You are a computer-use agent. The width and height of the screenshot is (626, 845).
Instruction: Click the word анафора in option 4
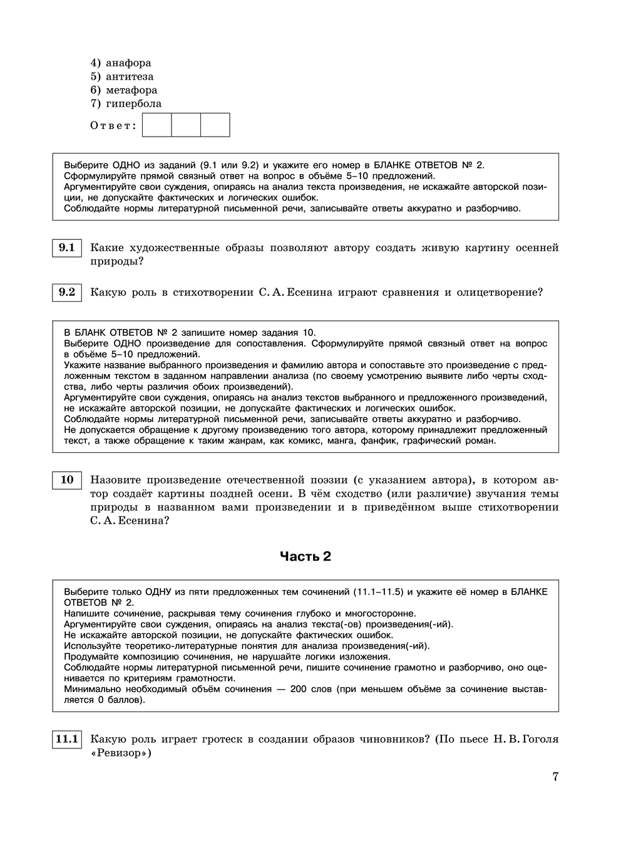click(128, 63)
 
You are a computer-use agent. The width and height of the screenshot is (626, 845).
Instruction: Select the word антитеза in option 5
click(130, 76)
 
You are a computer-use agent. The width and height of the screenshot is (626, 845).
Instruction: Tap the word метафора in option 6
click(131, 90)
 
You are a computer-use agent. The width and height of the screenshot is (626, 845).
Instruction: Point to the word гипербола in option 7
click(133, 103)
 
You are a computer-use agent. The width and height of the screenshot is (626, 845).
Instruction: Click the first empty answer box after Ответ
click(157, 125)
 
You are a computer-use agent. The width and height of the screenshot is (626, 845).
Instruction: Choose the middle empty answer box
click(186, 125)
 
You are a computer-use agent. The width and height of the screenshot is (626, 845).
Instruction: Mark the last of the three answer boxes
click(215, 125)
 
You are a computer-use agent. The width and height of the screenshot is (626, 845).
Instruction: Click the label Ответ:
click(113, 125)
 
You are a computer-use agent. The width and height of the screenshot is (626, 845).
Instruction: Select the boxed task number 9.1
click(66, 248)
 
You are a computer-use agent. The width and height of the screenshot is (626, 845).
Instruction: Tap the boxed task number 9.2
click(66, 292)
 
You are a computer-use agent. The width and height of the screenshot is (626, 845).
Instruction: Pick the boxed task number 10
click(66, 480)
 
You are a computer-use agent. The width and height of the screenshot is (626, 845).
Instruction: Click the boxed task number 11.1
click(66, 739)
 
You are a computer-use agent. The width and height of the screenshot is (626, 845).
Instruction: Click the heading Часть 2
click(305, 556)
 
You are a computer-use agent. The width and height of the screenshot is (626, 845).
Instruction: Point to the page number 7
click(555, 777)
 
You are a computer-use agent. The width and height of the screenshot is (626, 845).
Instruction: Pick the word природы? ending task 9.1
click(117, 261)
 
